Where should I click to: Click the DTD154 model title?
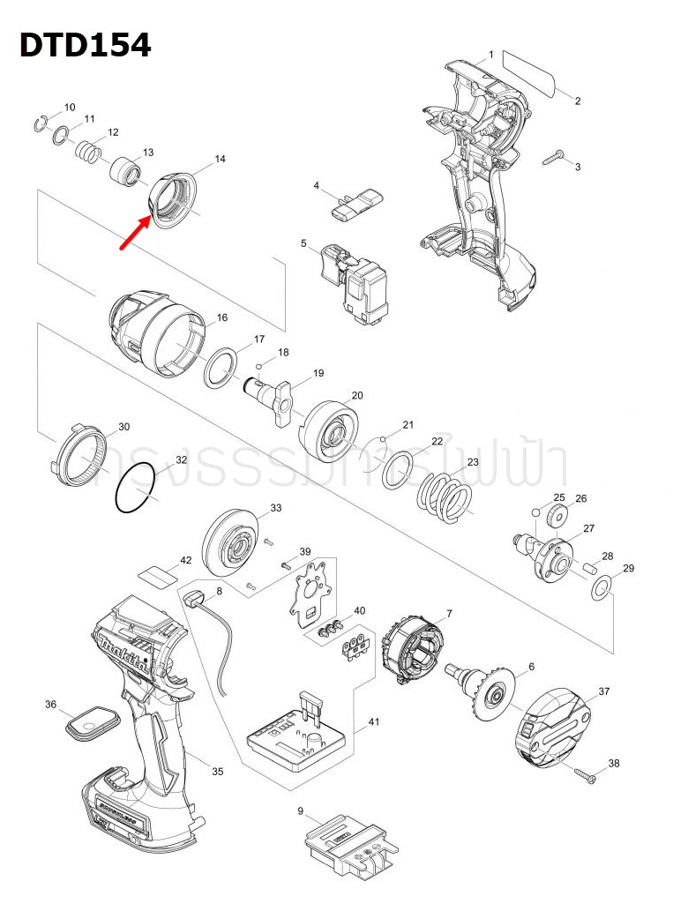pos(86,45)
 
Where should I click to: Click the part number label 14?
pos(221,160)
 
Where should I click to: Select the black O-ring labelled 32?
pos(136,490)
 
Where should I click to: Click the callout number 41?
pos(373,723)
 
